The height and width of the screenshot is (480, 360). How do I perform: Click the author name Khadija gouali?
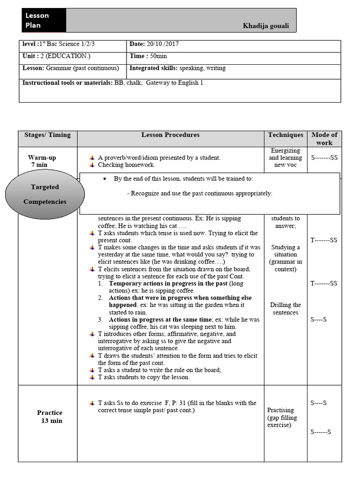click(266, 25)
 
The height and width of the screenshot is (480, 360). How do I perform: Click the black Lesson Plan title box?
click(44, 20)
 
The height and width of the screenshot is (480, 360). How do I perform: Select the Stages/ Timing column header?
click(47, 135)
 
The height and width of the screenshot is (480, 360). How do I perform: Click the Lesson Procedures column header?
click(170, 135)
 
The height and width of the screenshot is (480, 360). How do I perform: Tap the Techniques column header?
click(285, 135)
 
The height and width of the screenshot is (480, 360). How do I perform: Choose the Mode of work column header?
click(324, 139)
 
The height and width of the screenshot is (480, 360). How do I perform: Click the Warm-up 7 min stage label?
click(42, 161)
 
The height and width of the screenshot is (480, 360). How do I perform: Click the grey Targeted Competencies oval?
click(45, 194)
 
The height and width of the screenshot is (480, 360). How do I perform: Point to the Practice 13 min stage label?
click(50, 416)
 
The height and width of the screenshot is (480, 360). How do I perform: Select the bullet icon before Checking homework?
click(92, 165)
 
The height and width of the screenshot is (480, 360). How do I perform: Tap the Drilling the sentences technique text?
click(285, 308)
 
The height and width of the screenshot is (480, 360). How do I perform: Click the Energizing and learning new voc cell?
click(285, 158)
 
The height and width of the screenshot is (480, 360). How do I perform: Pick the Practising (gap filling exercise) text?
click(282, 417)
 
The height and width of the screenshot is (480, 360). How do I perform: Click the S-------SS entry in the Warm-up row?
click(324, 158)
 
